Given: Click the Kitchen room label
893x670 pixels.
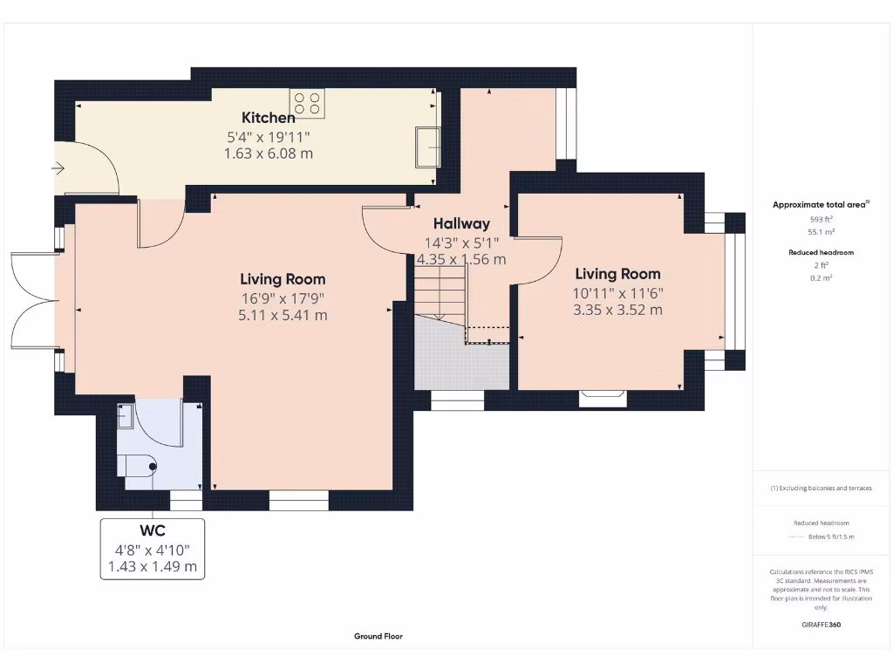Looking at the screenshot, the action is coord(269,118).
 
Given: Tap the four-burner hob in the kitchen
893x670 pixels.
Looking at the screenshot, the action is coord(307,103).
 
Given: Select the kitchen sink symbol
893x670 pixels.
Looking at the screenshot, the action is coord(427,147).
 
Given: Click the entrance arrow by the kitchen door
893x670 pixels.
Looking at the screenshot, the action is coord(58,168).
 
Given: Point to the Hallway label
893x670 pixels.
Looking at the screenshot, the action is coord(461,224).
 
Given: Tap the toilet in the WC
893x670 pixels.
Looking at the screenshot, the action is coord(137,467).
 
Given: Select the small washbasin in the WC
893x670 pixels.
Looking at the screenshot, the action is coord(126,416).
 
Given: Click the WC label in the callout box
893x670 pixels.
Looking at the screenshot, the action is coord(153,531).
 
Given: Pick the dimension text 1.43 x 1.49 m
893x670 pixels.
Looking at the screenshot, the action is coord(153,567).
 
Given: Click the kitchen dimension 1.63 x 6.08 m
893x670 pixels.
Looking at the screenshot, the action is coord(269,154).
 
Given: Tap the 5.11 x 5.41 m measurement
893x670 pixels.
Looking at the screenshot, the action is coord(283,316).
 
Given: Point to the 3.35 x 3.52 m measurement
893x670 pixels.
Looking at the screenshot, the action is coord(618,311).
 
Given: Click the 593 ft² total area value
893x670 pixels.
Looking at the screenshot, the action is coord(821,219).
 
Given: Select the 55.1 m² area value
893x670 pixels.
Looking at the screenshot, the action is coord(821,232).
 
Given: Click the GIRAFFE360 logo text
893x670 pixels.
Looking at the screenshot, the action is coord(821,625).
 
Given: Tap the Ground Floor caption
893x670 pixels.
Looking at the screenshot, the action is coord(378,636).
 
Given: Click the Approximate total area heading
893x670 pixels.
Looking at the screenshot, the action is coord(821,204).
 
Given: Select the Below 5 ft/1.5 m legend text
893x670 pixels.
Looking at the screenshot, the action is coord(831,537).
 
